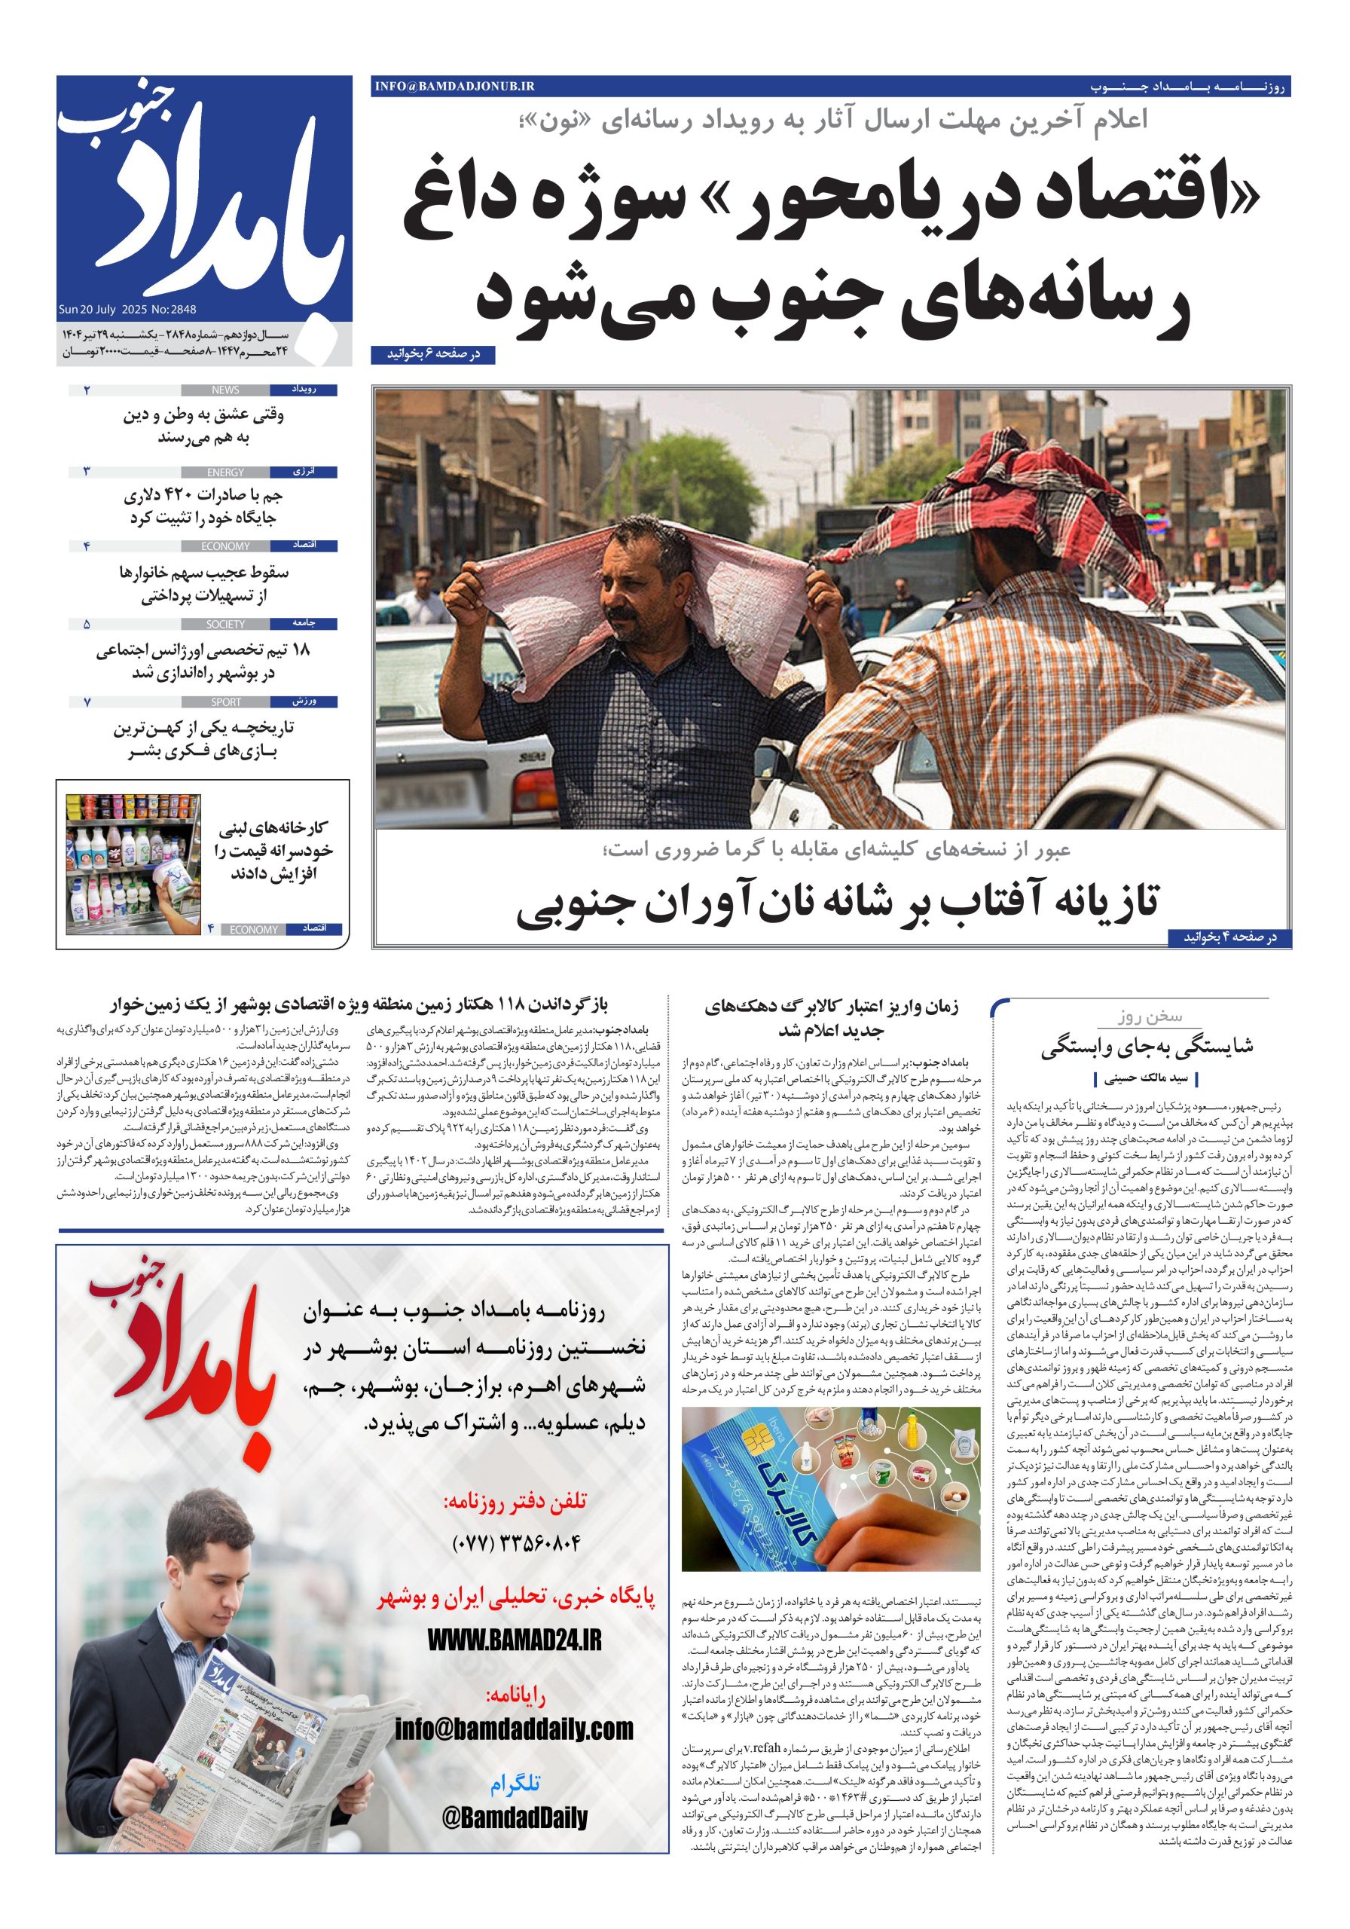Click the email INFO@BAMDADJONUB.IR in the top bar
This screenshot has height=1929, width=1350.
point(454,86)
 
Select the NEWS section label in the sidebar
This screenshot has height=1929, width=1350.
point(225,390)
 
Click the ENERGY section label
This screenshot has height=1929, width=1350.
point(225,472)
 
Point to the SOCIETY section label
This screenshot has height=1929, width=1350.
point(225,624)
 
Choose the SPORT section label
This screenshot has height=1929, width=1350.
point(225,702)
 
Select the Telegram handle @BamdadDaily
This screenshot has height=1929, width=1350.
point(514,1818)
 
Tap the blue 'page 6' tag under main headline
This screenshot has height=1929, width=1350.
point(432,355)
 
